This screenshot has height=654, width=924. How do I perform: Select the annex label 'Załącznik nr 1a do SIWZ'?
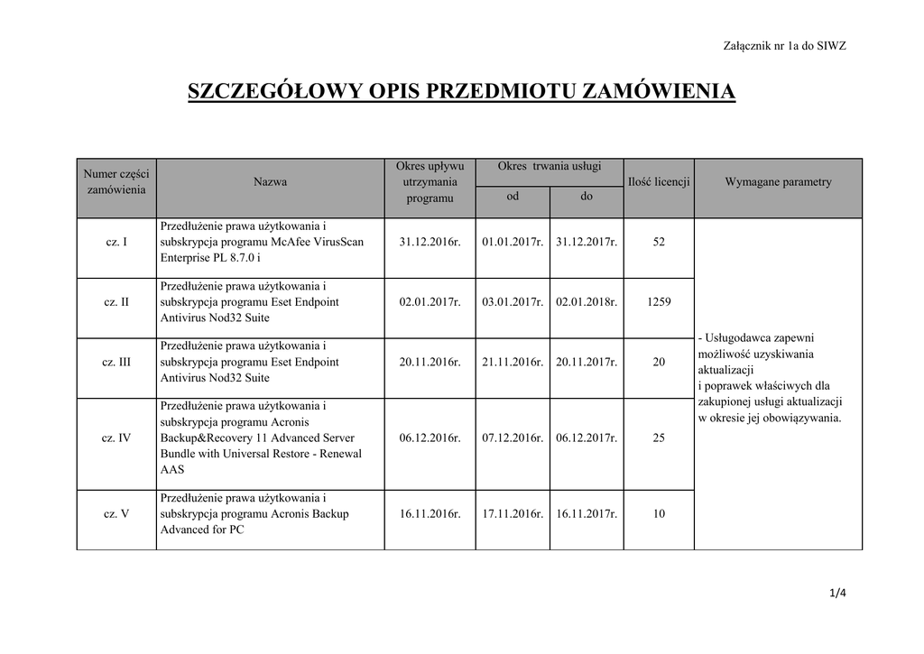(x=785, y=46)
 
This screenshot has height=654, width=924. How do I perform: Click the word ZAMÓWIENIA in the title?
(x=656, y=92)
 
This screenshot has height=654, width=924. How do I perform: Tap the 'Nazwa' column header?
(x=271, y=182)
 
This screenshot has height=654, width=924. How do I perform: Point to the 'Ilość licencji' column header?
(x=659, y=182)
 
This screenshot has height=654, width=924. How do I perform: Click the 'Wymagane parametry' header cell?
(x=778, y=182)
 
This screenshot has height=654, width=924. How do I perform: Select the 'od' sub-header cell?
(x=513, y=197)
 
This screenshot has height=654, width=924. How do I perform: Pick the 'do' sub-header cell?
(x=587, y=197)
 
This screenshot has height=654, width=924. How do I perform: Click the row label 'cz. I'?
(x=116, y=242)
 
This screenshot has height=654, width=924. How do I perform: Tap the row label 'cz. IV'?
(x=116, y=438)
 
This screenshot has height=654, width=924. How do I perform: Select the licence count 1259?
(x=659, y=302)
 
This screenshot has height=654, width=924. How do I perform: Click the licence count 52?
(x=659, y=242)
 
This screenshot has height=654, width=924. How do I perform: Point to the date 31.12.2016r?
(x=430, y=242)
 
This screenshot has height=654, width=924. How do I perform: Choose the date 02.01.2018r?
(x=587, y=302)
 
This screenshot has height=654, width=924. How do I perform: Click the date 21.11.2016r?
(x=513, y=362)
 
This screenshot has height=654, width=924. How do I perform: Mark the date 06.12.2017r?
(x=587, y=438)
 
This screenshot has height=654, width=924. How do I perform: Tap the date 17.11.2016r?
(x=513, y=514)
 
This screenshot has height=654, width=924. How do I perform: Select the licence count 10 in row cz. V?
(x=659, y=514)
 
